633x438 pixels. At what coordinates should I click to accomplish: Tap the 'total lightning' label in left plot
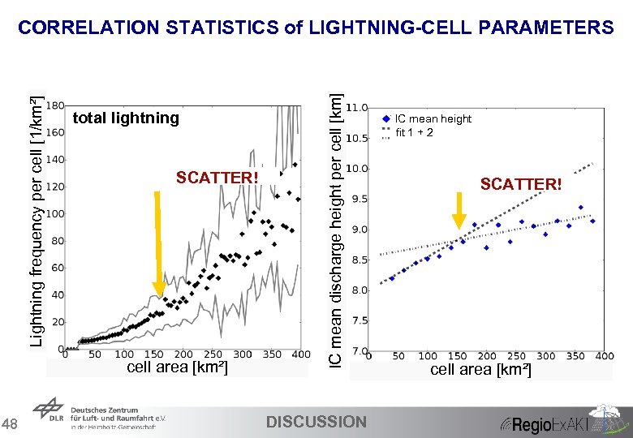126,118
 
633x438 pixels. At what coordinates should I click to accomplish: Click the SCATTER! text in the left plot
217,178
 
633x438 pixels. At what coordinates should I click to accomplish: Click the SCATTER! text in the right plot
520,184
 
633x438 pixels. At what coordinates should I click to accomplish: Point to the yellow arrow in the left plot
159,243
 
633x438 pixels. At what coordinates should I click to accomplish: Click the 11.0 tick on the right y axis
357,107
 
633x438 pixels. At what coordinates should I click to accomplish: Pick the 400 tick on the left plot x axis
300,354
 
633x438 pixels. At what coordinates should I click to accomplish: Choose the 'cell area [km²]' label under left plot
178,368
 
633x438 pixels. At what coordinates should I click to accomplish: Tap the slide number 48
11,424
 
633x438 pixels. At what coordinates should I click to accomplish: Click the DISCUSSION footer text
316,422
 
